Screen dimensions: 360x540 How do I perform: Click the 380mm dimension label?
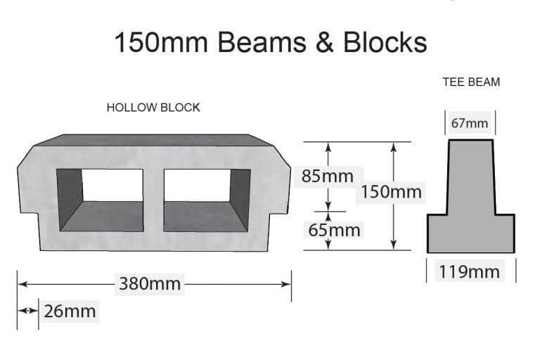click(150, 284)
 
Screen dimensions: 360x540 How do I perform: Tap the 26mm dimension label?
click(70, 311)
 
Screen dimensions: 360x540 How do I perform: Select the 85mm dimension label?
click(327, 176)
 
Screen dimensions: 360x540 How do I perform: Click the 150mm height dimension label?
click(392, 191)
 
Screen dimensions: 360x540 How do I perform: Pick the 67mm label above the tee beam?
click(470, 124)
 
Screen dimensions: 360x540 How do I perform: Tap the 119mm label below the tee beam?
click(470, 271)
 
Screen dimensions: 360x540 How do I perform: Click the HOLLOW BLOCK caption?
click(153, 108)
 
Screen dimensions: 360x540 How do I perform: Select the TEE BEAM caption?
click(471, 82)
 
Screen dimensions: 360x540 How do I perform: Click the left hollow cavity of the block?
click(100, 200)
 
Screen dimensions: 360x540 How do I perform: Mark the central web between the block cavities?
click(153, 200)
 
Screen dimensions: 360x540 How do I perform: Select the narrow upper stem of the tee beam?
click(470, 176)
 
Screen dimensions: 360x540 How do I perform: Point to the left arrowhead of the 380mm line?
click(22, 284)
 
